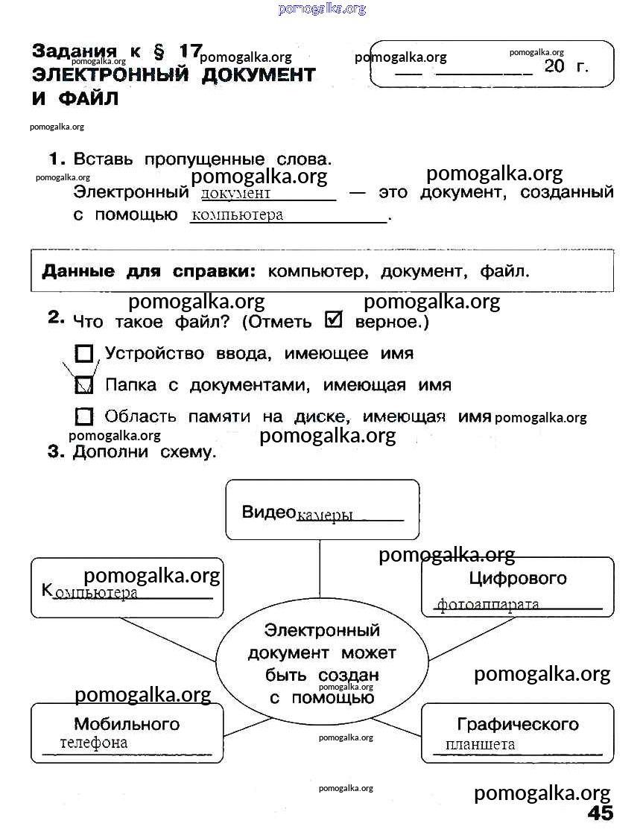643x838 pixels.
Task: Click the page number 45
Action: [x=600, y=813]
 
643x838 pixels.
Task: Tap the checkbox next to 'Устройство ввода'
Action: [x=84, y=353]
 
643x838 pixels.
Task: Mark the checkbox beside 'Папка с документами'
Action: [x=84, y=384]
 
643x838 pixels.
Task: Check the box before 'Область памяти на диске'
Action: [x=84, y=416]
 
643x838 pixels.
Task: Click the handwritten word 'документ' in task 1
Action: [x=235, y=194]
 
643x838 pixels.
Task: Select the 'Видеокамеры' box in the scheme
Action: [x=322, y=510]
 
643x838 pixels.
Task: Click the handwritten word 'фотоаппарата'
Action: [x=488, y=604]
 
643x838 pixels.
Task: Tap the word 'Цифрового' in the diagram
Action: [x=518, y=578]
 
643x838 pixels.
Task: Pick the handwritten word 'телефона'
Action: [x=94, y=743]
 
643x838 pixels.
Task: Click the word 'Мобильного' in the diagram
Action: [x=127, y=723]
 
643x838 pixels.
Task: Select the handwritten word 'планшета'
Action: [x=480, y=745]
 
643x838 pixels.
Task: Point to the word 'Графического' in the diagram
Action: [x=518, y=723]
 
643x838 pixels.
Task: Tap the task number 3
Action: [x=54, y=451]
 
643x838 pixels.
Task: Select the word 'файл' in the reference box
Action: [x=504, y=271]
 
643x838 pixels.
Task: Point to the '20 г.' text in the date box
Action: [x=566, y=66]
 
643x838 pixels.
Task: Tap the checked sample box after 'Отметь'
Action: [x=334, y=320]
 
